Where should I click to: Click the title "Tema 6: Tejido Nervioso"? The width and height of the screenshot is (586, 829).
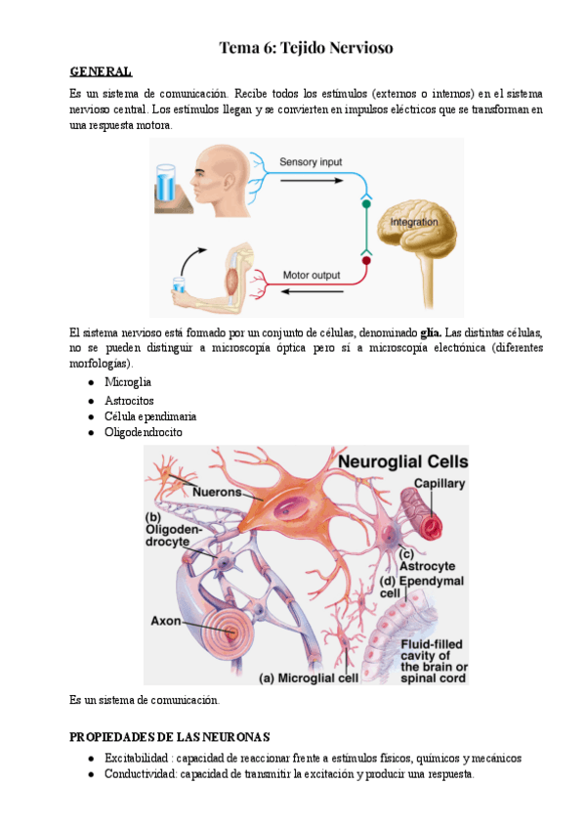[x=306, y=47]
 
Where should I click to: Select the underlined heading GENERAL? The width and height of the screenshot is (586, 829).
[x=101, y=71]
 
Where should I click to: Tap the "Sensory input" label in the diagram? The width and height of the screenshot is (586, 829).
[x=312, y=161]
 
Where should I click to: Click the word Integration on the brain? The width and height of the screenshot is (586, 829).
[x=414, y=223]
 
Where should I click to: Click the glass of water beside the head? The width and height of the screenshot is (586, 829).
[x=165, y=187]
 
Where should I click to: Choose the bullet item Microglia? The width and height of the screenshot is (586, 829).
[x=128, y=381]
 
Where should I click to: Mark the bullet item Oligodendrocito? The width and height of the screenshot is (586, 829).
[x=143, y=432]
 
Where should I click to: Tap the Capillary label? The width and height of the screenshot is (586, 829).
[x=439, y=483]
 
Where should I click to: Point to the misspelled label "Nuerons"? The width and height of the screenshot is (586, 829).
[x=217, y=492]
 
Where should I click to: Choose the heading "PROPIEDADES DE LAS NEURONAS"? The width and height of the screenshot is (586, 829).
[x=170, y=736]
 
